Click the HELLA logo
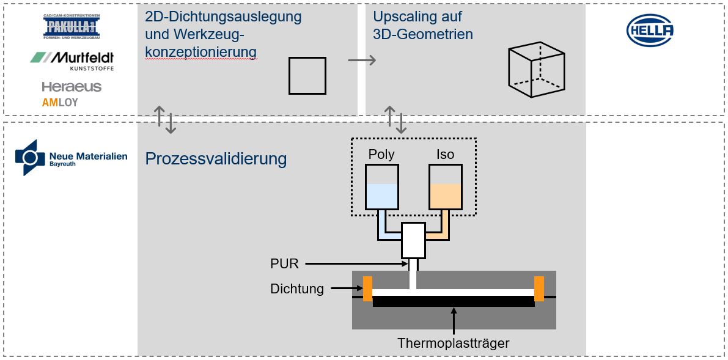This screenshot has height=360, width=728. click(650, 30)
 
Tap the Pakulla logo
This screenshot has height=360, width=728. click(72, 26)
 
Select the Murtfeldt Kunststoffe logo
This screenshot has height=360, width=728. click(72, 61)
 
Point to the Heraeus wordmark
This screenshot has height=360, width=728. click(72, 86)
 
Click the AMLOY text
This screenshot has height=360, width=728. click(60, 103)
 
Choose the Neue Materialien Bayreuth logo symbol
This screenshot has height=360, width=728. click(30, 158)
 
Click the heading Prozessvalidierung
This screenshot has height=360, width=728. click(216, 159)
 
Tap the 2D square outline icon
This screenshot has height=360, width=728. click(307, 76)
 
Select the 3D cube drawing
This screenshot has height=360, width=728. click(536, 70)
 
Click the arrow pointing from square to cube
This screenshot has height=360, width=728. click(362, 60)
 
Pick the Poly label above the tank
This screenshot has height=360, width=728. click(381, 154)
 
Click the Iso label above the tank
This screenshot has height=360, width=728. click(445, 154)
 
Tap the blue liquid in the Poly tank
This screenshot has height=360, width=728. click(381, 196)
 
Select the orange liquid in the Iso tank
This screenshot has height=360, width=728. click(445, 196)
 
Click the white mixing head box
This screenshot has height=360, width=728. click(414, 240)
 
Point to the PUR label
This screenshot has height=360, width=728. click(284, 264)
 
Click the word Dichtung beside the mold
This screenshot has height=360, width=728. click(296, 288)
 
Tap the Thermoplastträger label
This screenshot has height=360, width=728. click(454, 343)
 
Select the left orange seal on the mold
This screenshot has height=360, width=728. click(368, 289)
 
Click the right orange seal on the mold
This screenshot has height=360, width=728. click(539, 289)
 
